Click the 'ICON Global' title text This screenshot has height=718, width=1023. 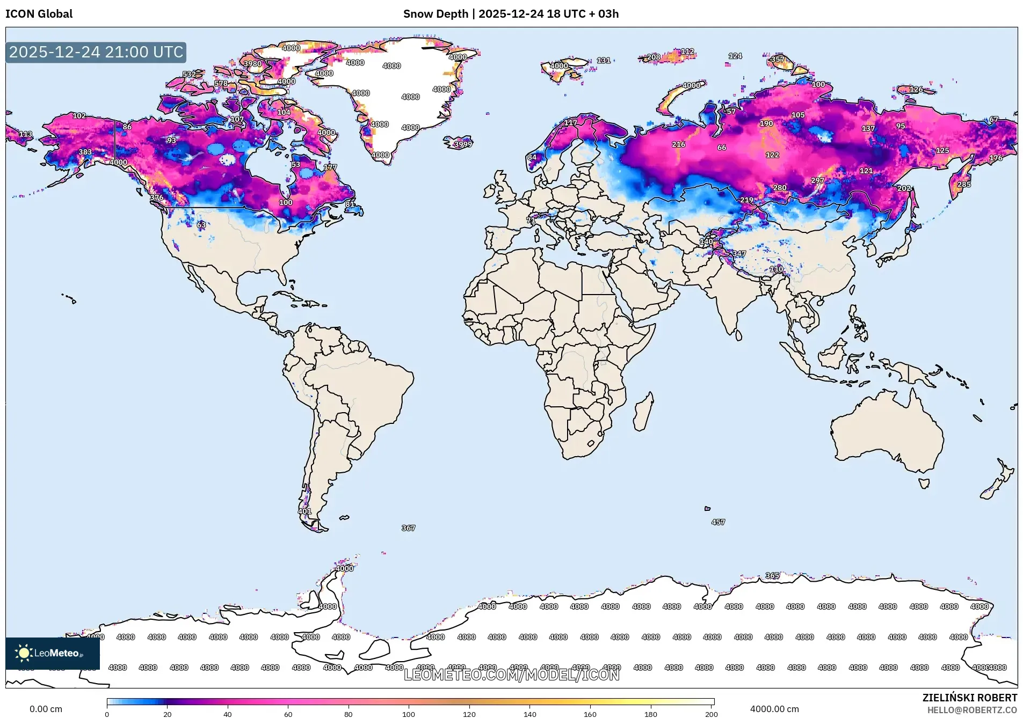(x=39, y=14)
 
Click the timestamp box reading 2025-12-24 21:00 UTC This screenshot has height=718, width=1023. (x=96, y=52)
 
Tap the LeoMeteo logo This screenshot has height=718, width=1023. (x=52, y=653)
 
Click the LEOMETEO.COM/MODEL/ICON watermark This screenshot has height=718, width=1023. (x=511, y=675)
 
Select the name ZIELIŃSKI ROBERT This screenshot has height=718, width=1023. (x=969, y=698)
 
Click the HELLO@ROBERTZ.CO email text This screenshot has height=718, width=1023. (x=972, y=710)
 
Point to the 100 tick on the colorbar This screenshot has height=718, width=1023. (x=409, y=714)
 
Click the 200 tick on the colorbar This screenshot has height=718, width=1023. (x=711, y=714)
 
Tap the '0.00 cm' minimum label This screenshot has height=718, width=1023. (x=46, y=709)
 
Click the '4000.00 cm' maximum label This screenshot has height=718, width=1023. (x=774, y=709)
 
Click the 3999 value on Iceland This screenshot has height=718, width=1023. (x=463, y=144)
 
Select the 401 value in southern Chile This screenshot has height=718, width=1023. (x=304, y=511)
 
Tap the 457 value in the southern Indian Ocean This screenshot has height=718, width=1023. (x=718, y=522)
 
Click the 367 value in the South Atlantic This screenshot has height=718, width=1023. (x=408, y=528)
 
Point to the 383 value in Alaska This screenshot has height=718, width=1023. (x=85, y=152)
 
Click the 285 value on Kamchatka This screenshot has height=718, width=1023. (x=964, y=184)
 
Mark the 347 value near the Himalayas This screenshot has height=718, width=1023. (x=739, y=253)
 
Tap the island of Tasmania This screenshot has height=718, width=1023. (x=924, y=483)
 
